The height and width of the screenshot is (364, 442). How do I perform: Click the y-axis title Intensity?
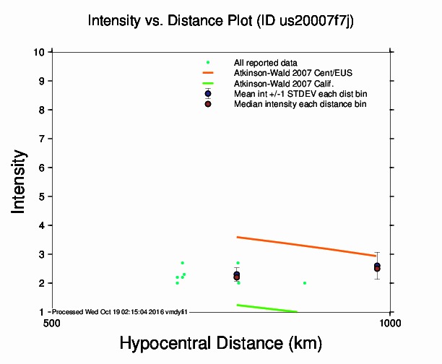click(x=19, y=181)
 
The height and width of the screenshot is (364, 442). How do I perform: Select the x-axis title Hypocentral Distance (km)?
click(x=220, y=342)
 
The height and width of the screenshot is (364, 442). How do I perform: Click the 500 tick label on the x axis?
click(x=51, y=322)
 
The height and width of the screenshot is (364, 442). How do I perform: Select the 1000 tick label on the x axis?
click(x=390, y=322)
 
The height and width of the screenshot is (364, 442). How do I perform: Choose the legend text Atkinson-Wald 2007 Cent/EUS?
click(x=288, y=73)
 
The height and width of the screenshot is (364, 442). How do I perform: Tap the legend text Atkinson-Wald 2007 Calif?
click(x=278, y=83)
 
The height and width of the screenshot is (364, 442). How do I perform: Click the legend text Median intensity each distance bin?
click(x=300, y=104)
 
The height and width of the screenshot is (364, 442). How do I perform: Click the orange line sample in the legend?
click(x=208, y=73)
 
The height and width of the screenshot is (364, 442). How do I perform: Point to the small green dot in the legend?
click(x=208, y=63)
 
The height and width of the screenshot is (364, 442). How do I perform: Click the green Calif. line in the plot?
click(x=267, y=308)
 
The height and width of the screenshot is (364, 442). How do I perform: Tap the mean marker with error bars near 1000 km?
click(x=377, y=266)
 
